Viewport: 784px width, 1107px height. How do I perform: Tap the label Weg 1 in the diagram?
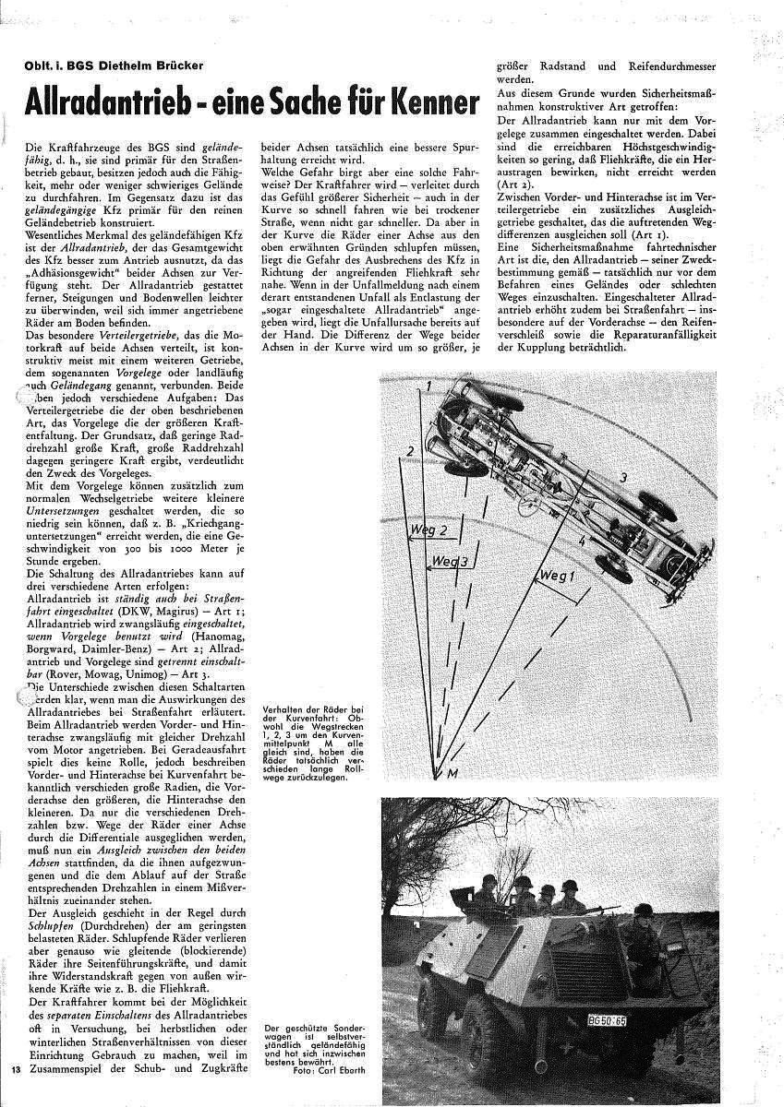(x=557, y=577)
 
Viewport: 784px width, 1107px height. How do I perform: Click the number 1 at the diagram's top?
(x=428, y=385)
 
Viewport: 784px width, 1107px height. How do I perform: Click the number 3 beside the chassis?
(x=623, y=476)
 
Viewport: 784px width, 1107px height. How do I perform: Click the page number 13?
(x=16, y=1070)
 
